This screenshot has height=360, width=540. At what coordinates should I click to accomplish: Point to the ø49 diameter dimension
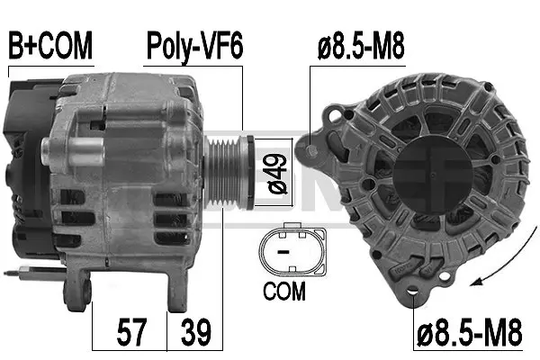click(276, 171)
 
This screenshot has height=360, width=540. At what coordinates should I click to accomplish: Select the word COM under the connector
click(283, 292)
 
